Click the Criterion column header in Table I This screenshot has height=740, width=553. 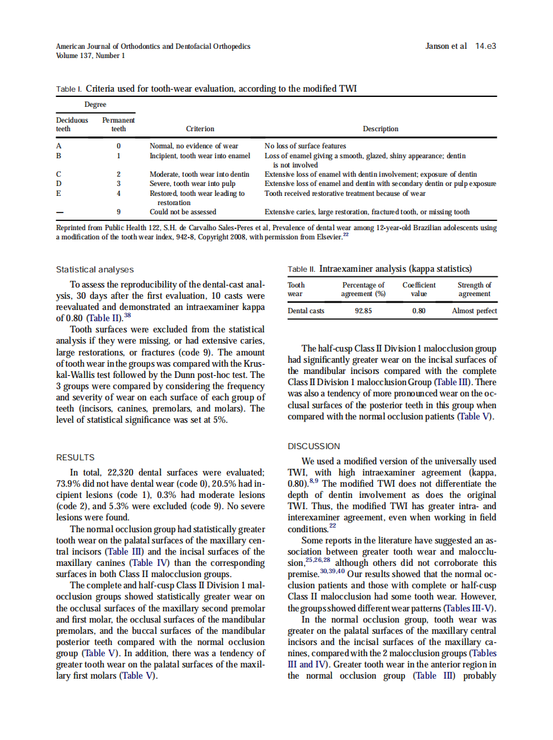[200, 129]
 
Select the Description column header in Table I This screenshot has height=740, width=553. [380, 129]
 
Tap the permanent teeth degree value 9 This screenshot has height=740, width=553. [118, 212]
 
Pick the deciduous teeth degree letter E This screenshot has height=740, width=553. [59, 194]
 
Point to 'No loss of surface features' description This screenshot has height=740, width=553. [305, 146]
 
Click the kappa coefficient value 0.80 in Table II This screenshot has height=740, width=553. [418, 311]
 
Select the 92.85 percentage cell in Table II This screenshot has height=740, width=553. [363, 311]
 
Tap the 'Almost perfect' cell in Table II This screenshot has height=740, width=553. [474, 311]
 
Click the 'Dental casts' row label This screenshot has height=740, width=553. [306, 311]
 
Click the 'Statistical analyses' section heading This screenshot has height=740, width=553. [95, 270]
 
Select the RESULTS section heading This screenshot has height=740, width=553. [75, 457]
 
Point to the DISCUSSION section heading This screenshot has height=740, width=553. [314, 447]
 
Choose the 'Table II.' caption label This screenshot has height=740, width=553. [302, 269]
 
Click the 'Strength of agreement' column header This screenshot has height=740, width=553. [474, 290]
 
